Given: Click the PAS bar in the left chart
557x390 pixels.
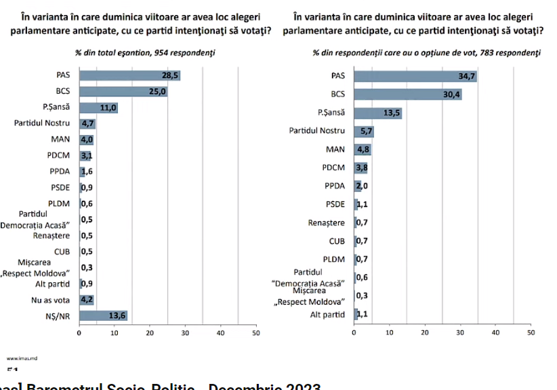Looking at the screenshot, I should coord(129,75).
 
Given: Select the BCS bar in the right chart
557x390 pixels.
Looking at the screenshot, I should coord(407,94).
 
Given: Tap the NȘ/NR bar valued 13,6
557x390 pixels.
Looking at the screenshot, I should coord(103,315).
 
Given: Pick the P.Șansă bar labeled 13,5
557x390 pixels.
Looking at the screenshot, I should coord(377,113).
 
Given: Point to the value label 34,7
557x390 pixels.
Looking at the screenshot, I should coord(468,76).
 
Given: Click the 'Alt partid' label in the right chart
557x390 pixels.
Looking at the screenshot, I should coord(327,314).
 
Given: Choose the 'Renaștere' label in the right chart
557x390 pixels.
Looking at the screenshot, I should coord(327,222).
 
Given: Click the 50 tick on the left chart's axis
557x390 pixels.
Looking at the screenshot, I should coord(255,333).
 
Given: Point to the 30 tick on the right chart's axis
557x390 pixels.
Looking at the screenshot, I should coord(460,333).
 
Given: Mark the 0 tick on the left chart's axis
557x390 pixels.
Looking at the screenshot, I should coord(79,333).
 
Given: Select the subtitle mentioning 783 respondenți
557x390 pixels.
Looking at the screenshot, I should coord(426,52).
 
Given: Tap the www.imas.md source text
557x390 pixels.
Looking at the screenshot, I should coord(17,357).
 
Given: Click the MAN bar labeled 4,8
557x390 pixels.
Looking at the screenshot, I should coord(362,149).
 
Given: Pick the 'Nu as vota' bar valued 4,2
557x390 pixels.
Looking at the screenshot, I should coord(87,299).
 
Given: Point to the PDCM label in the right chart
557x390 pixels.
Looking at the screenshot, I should coord(333,168).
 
